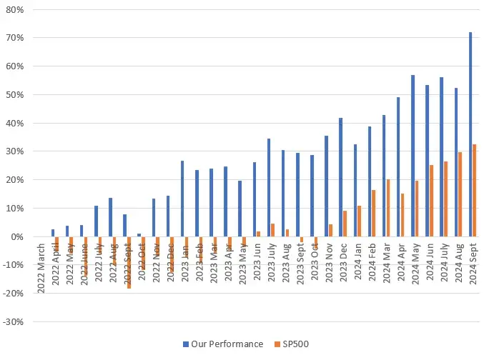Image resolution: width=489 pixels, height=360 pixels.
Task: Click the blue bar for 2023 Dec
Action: pos(340,177)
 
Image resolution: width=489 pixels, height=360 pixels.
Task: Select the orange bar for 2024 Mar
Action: pos(388,208)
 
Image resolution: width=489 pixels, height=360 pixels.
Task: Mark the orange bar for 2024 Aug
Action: pos(460,194)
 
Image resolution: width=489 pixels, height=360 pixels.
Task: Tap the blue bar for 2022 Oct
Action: pos(139,235)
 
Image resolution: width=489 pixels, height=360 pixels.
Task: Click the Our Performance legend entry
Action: pos(222,344)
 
